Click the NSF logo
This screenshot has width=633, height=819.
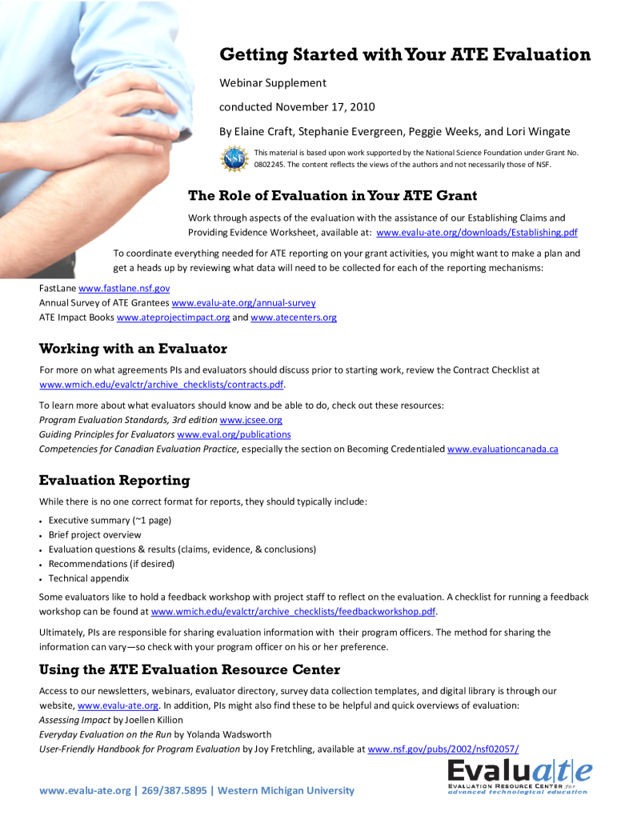(x=234, y=158)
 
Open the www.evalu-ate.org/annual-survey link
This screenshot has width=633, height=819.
(x=243, y=302)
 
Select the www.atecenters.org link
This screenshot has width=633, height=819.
(x=294, y=318)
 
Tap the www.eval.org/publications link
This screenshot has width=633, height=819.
(x=234, y=434)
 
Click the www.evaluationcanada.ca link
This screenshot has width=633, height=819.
(x=503, y=449)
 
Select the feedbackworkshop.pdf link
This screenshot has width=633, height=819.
(x=294, y=612)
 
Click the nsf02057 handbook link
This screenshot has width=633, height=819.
(x=443, y=749)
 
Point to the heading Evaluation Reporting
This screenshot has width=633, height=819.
(x=114, y=480)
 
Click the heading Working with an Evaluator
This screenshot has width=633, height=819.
(x=133, y=349)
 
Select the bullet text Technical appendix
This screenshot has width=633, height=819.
(x=89, y=578)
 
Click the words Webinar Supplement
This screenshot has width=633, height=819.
(x=273, y=83)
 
